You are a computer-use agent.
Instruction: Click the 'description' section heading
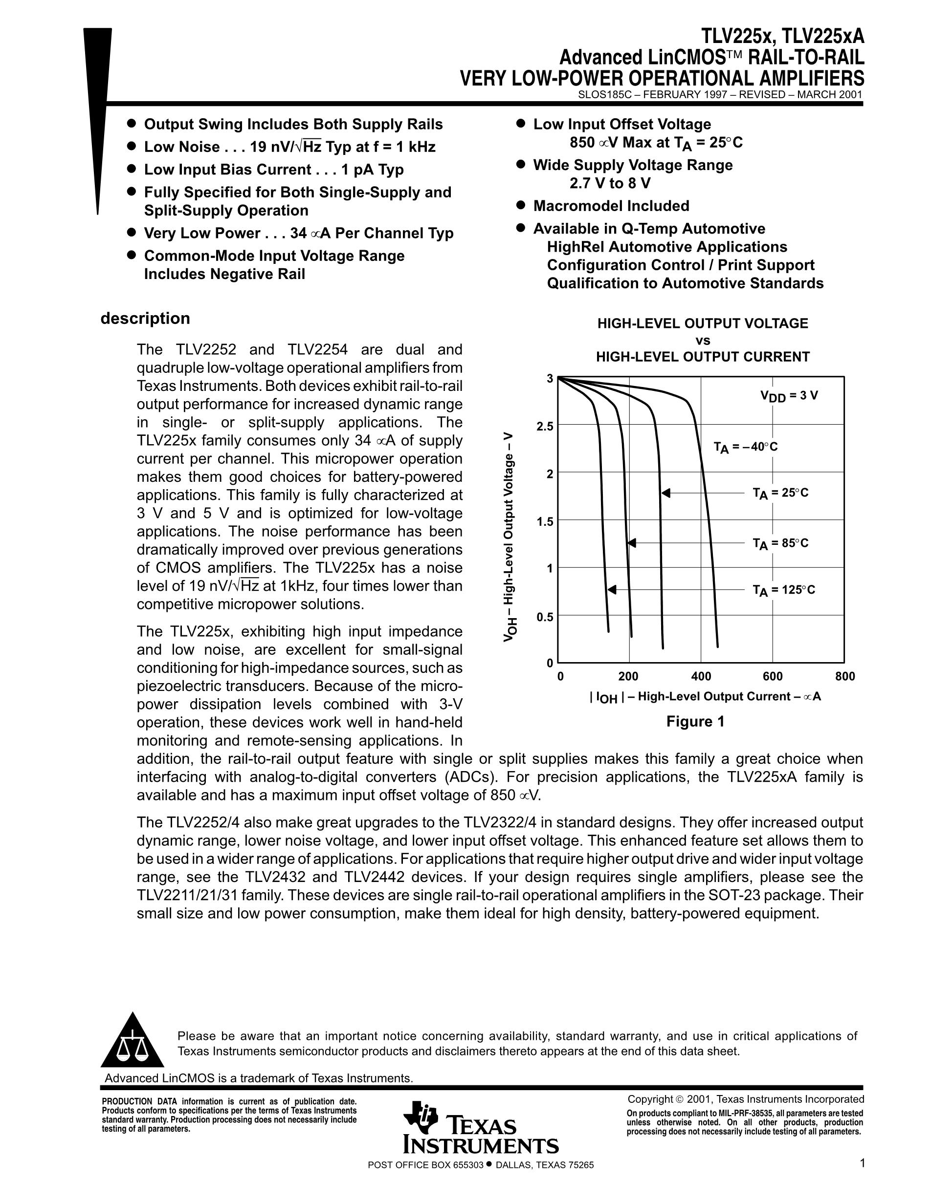click(x=145, y=319)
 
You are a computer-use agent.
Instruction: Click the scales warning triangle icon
click(x=133, y=1041)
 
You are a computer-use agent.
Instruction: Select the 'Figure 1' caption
click(x=695, y=722)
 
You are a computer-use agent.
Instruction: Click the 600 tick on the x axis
click(x=772, y=676)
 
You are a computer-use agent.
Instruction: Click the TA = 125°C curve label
click(x=780, y=590)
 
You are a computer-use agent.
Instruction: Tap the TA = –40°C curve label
click(x=745, y=447)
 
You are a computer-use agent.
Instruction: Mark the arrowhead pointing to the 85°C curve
click(x=632, y=543)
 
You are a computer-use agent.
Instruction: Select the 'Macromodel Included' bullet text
click(x=611, y=206)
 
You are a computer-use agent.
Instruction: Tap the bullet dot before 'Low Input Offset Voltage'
click(x=520, y=123)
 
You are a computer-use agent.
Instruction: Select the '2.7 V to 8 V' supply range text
click(x=610, y=183)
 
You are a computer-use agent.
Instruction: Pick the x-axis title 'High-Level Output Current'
click(x=706, y=697)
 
